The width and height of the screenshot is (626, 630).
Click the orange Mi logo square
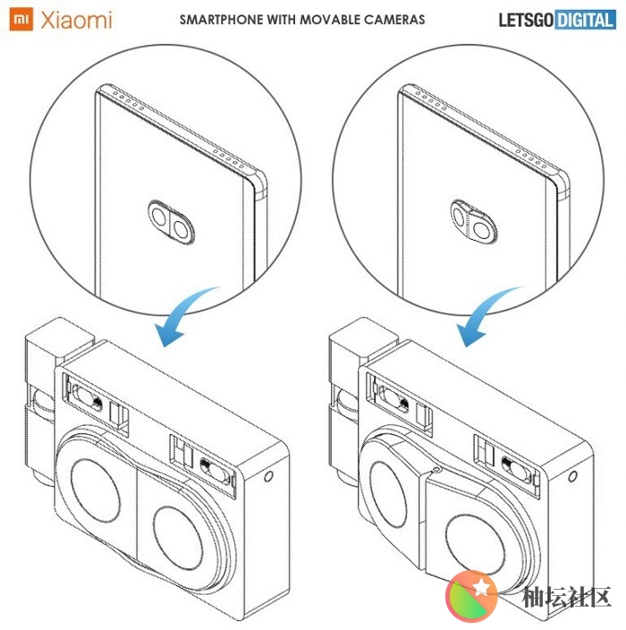(21, 19)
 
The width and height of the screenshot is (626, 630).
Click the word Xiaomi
(76, 20)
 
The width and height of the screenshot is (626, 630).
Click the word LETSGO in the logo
(526, 20)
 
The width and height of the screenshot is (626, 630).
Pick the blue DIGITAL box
(586, 20)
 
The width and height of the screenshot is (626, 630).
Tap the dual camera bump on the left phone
(172, 222)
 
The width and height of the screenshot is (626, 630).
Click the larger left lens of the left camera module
(95, 490)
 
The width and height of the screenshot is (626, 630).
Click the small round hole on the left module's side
(268, 476)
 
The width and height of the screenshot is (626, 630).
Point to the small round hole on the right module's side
(572, 476)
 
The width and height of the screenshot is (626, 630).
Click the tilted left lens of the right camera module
(388, 494)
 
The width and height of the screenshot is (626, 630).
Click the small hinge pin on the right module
(437, 470)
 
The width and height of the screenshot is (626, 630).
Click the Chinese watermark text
(566, 597)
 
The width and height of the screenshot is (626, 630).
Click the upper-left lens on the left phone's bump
(159, 217)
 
